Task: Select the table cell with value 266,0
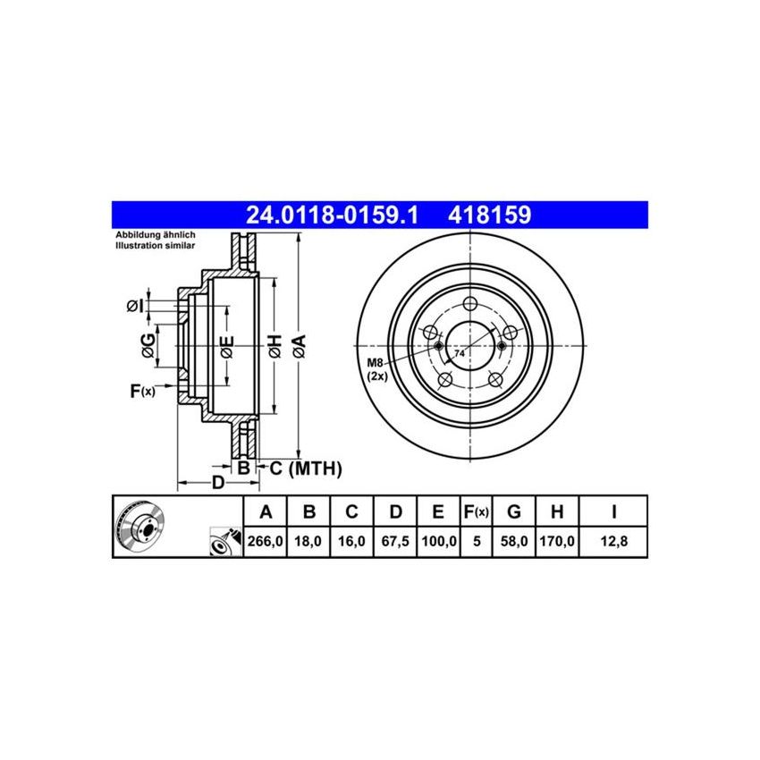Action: [266, 541]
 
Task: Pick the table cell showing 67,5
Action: [396, 541]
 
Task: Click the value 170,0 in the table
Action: [557, 541]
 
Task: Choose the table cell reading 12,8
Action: [613, 541]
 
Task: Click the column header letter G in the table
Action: [514, 512]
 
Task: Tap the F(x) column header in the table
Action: [476, 512]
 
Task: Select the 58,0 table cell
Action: [514, 541]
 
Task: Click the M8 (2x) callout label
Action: [376, 368]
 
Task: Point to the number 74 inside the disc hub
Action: [460, 354]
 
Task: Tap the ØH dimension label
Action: [274, 345]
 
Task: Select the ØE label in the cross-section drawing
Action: [227, 345]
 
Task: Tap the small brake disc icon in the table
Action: [141, 528]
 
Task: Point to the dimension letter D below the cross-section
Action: [217, 484]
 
